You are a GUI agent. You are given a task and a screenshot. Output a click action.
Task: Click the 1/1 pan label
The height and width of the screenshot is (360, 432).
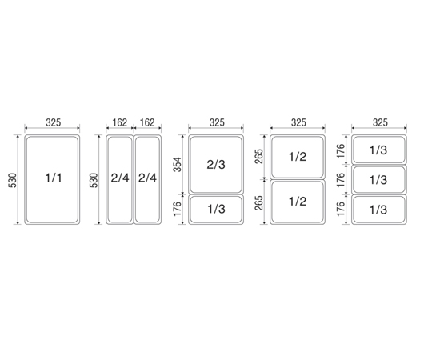pyautogui.click(x=54, y=178)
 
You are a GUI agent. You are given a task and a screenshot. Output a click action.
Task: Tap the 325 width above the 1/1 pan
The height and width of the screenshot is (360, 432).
pyautogui.click(x=53, y=122)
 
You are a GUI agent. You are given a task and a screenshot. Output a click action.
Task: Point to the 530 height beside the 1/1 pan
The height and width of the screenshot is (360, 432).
pyautogui.click(x=14, y=180)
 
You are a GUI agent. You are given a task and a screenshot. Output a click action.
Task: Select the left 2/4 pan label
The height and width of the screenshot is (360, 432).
pyautogui.click(x=120, y=178)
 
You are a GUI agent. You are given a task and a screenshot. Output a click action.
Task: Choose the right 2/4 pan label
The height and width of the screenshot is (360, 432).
pyautogui.click(x=147, y=178)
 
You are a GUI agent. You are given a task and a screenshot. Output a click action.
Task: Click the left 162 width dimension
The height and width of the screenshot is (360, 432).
pyautogui.click(x=120, y=122)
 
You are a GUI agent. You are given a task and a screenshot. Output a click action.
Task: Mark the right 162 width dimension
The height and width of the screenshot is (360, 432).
pyautogui.click(x=147, y=122)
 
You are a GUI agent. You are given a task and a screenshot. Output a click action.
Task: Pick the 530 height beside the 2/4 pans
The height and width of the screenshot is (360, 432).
pyautogui.click(x=94, y=180)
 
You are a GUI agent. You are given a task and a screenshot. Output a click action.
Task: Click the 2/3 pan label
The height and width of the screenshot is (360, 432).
pyautogui.click(x=216, y=165)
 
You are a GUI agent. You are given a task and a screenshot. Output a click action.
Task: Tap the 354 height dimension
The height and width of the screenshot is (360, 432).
pyautogui.click(x=178, y=164)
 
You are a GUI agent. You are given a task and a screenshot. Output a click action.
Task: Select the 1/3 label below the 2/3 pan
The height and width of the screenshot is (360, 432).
pyautogui.click(x=216, y=210)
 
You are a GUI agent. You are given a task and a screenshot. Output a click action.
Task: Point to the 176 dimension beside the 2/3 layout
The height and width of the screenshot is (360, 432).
pyautogui.click(x=178, y=209)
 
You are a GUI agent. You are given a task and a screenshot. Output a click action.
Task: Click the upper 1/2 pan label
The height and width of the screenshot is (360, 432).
pyautogui.click(x=298, y=157)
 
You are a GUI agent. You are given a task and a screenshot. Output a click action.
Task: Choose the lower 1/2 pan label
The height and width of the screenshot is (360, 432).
pyautogui.click(x=298, y=202)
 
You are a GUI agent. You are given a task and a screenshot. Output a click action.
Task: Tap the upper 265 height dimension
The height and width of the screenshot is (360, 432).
pyautogui.click(x=259, y=156)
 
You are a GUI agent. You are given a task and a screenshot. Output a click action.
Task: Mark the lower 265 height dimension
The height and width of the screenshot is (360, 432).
pyautogui.click(x=259, y=202)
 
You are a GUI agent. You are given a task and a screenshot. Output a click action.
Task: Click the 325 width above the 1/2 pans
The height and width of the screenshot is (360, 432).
pyautogui.click(x=298, y=122)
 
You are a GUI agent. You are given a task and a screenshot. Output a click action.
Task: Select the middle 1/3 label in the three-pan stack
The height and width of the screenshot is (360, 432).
pyautogui.click(x=378, y=180)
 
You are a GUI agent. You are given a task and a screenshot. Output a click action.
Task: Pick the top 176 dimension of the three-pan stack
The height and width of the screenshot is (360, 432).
pyautogui.click(x=341, y=150)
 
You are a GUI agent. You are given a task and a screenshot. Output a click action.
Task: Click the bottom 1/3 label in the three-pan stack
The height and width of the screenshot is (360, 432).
pyautogui.click(x=378, y=210)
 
